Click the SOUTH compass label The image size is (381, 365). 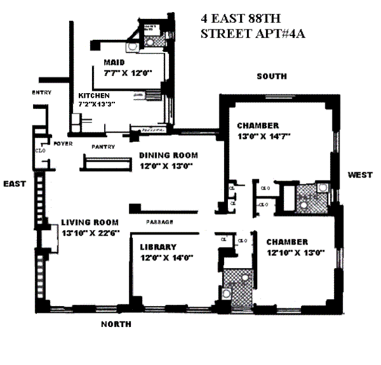271,77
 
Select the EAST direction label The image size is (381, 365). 15,184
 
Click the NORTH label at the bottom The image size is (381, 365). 116,324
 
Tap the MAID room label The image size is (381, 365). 114,62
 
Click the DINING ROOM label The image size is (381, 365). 169,155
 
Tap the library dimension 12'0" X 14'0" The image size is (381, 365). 166,257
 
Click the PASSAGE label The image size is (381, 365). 159,222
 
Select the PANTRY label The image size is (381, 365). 102,146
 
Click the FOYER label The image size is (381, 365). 61,143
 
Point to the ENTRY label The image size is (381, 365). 41,93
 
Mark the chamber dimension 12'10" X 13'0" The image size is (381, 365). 295,253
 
